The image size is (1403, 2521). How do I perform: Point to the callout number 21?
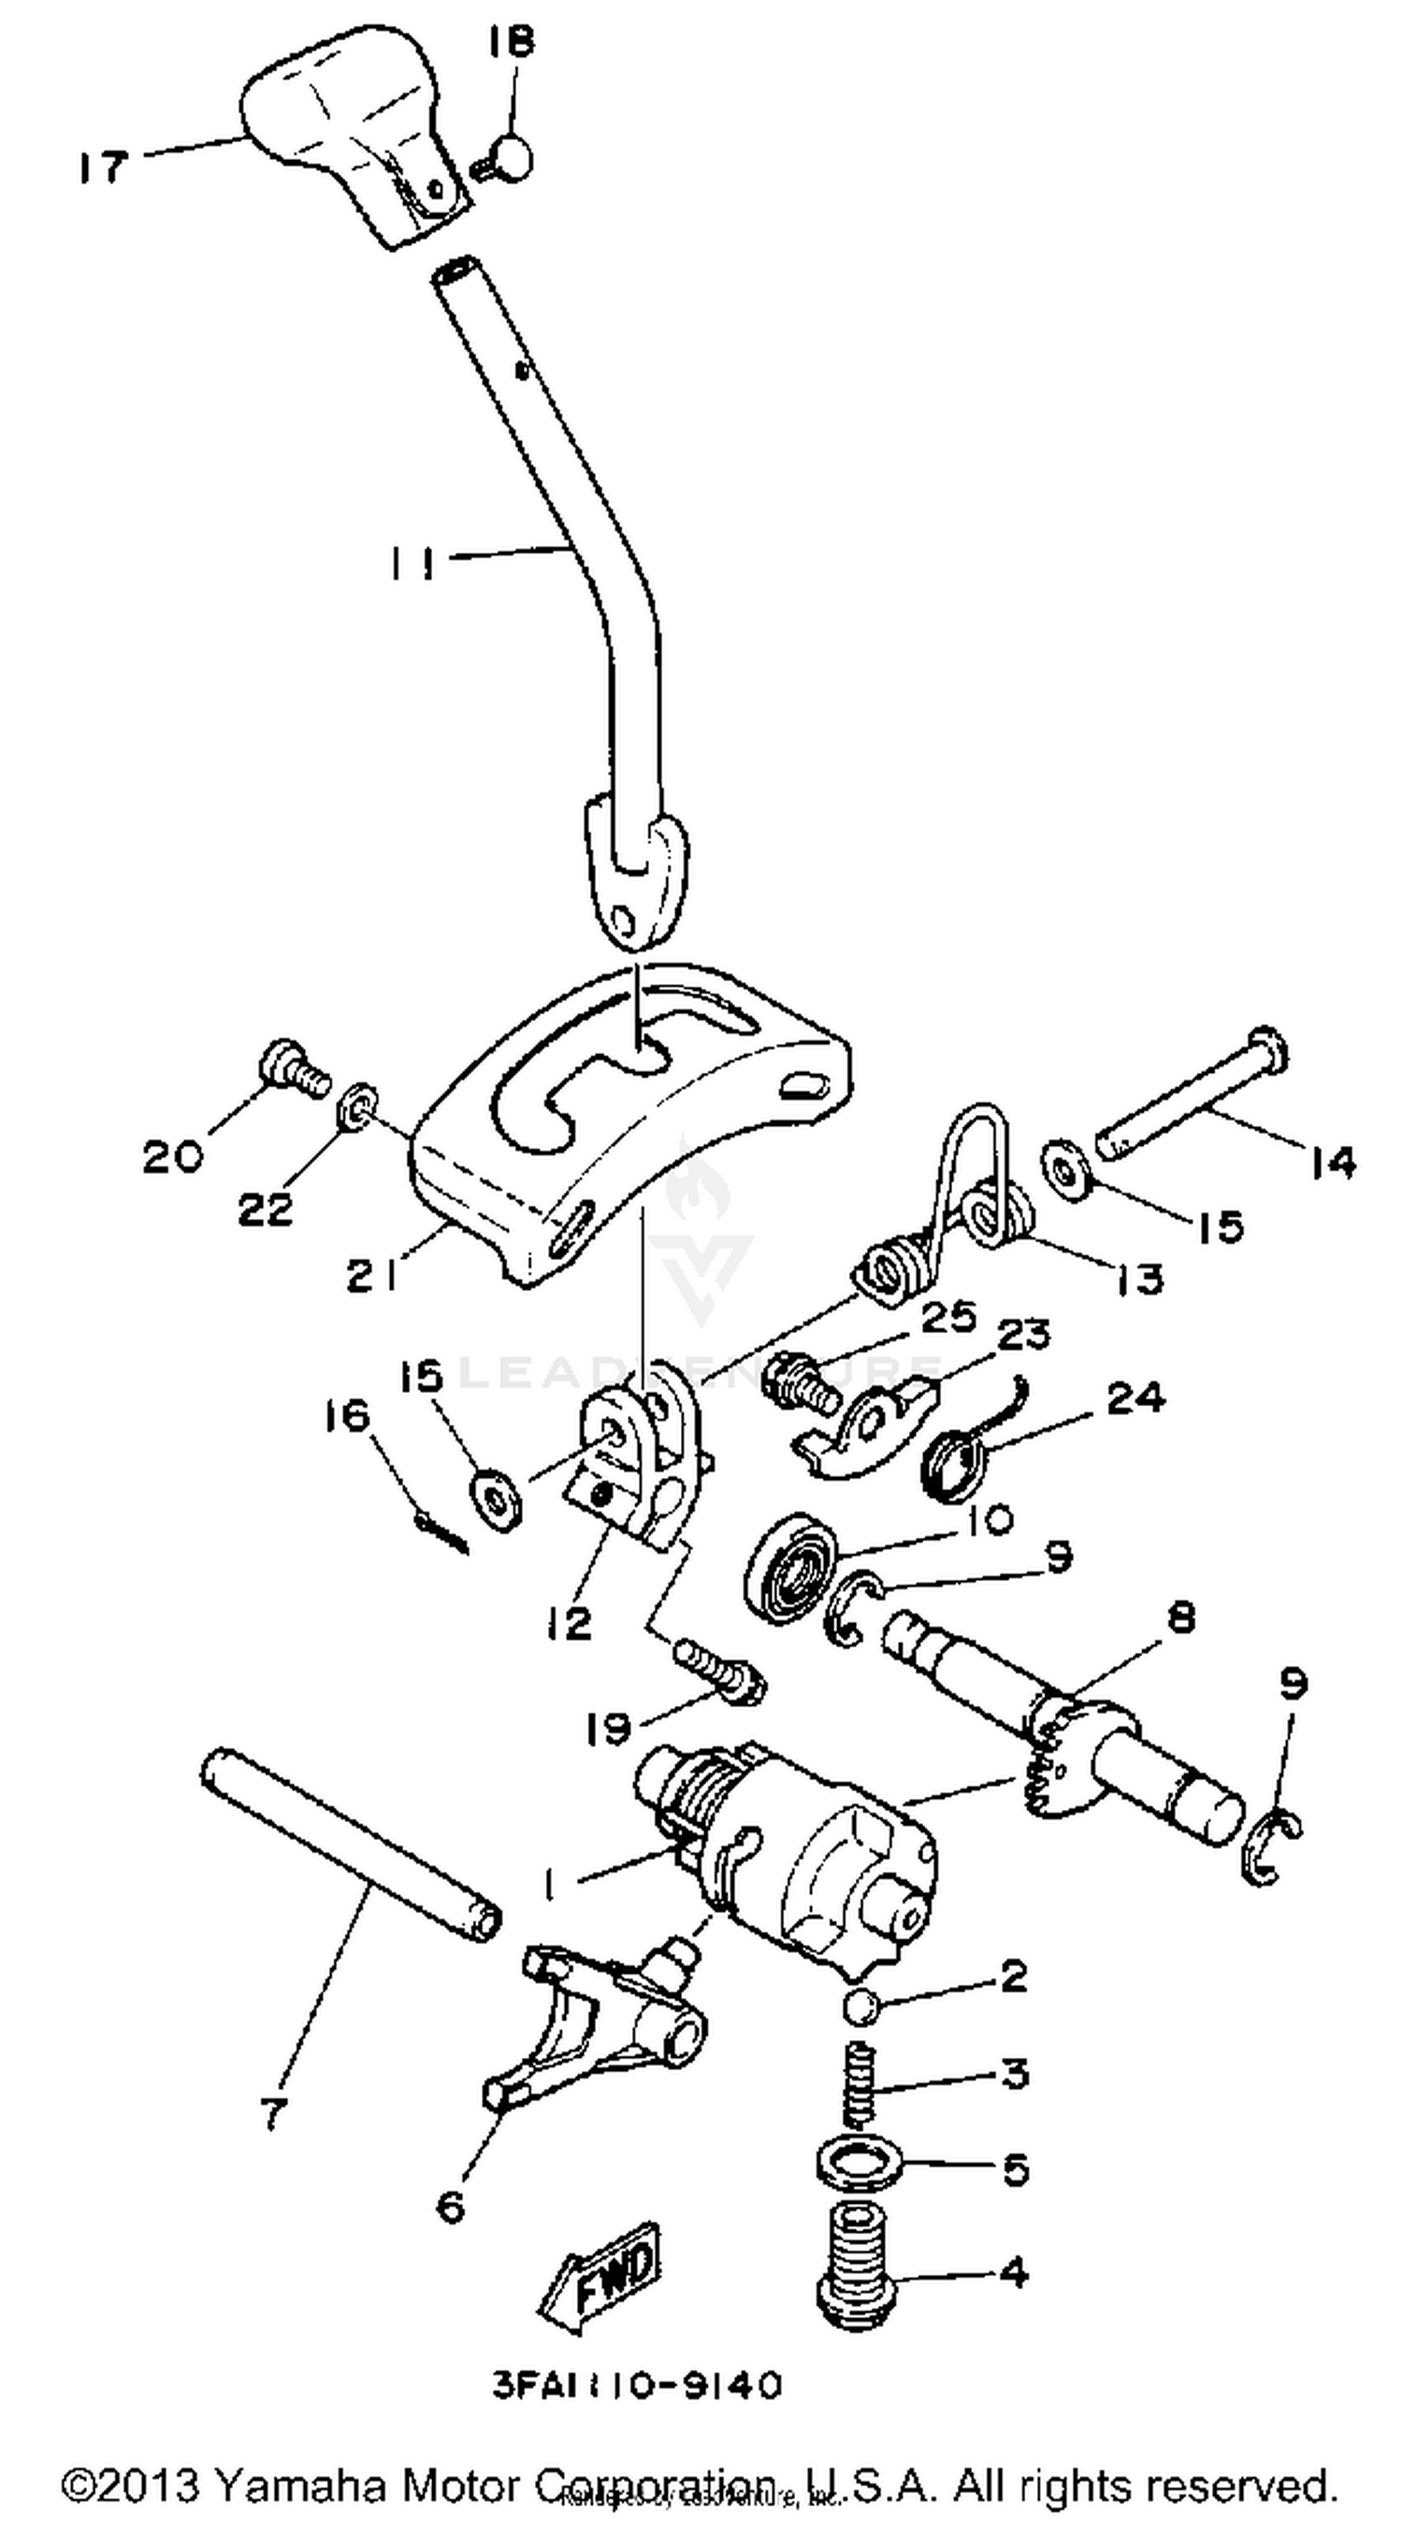tap(374, 1275)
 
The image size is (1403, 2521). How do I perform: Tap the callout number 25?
tap(947, 1316)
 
